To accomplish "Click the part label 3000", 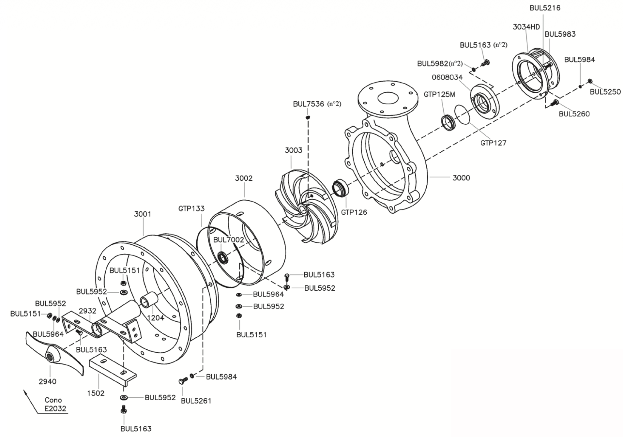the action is [461, 178].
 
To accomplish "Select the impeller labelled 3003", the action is [307, 206].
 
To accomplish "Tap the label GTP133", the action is [191, 208].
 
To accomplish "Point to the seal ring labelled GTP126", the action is [340, 188].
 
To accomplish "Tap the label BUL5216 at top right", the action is [545, 8].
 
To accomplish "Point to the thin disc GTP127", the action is [463, 115].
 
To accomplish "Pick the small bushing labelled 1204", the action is [148, 302].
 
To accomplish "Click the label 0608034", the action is [447, 77].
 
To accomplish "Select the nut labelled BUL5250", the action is [590, 81].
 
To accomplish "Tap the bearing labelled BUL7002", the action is [223, 258].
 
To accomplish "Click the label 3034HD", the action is [526, 27].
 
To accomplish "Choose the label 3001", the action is [143, 214].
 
